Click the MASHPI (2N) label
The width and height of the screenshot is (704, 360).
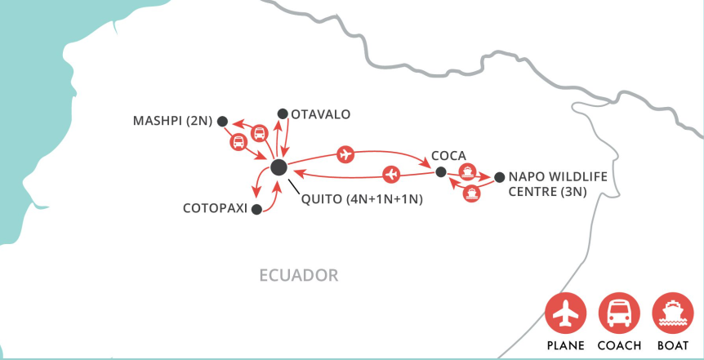click(172, 121)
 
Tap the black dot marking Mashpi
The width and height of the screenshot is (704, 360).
click(221, 121)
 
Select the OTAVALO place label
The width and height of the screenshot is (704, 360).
click(320, 114)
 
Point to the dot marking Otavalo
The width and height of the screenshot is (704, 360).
click(283, 113)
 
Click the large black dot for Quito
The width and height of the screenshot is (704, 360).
click(278, 167)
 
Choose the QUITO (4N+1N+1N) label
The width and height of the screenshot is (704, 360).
click(361, 199)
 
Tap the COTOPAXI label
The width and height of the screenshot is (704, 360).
click(215, 209)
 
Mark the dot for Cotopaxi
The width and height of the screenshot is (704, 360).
click(256, 210)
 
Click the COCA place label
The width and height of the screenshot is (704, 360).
click(448, 155)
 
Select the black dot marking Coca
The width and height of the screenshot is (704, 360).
click(440, 172)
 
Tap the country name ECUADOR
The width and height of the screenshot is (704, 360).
click(298, 275)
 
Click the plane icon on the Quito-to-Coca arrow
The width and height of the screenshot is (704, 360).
click(345, 153)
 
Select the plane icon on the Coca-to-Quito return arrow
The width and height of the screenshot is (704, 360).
click(391, 173)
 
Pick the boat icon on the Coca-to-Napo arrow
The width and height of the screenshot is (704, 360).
click(467, 171)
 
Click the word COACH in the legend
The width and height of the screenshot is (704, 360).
click(618, 345)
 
